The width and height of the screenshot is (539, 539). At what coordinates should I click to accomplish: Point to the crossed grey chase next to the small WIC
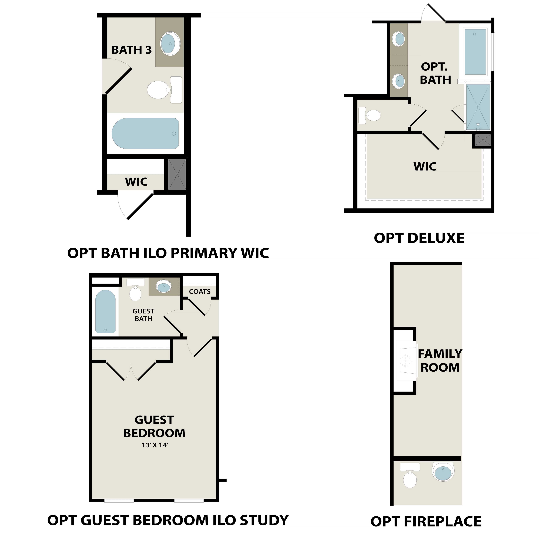(177, 174)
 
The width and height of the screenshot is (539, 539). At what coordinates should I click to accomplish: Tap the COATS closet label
(200, 292)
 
